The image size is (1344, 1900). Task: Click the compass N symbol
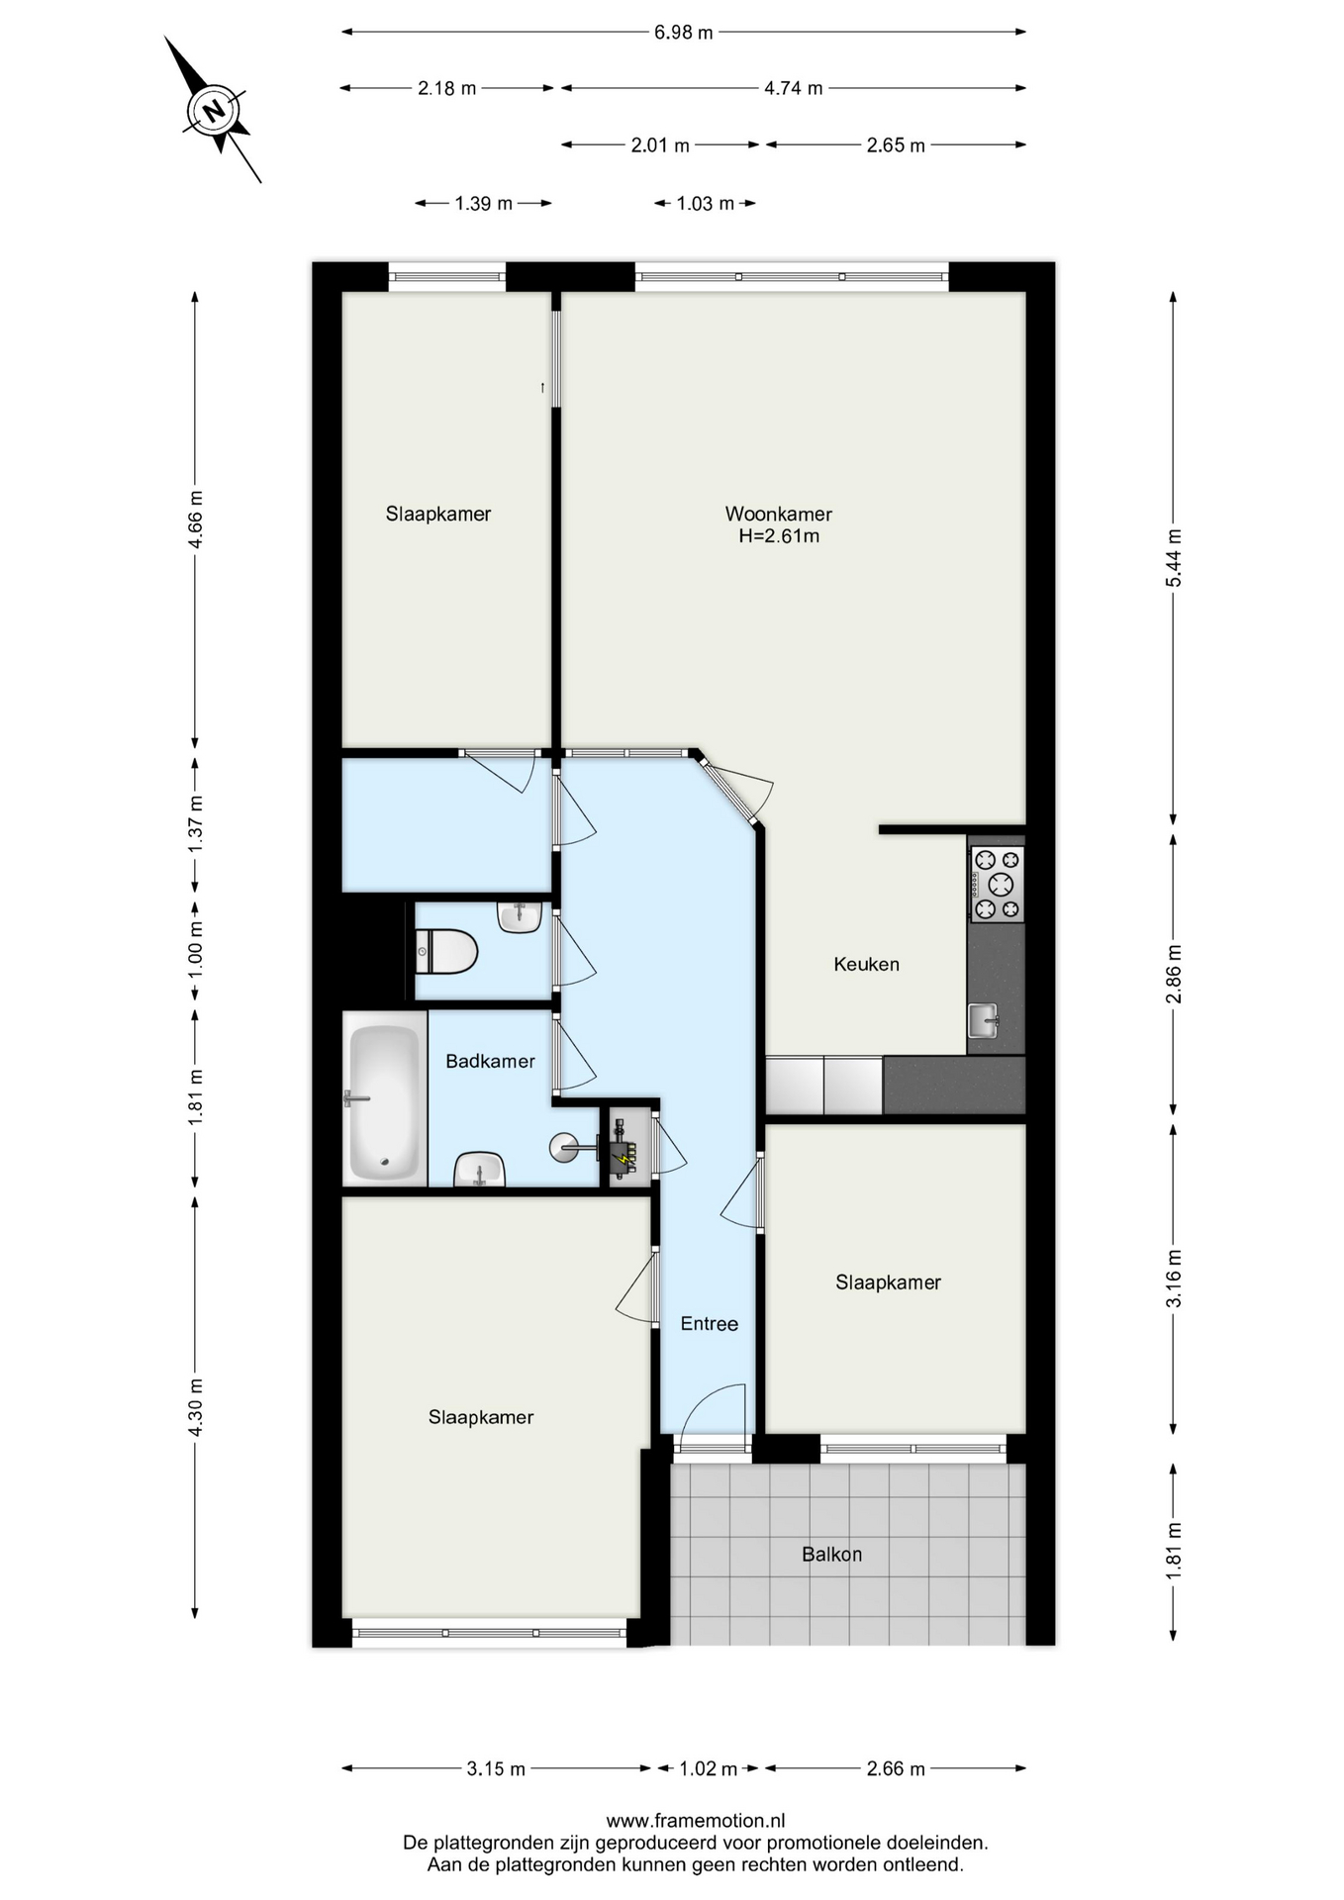tap(214, 110)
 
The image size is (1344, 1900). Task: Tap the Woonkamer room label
tap(778, 514)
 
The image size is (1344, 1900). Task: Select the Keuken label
tap(866, 964)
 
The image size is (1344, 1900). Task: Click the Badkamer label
tap(490, 1061)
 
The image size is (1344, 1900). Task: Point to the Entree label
tap(709, 1323)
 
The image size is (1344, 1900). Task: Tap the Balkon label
tap(831, 1554)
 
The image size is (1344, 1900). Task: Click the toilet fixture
tap(446, 952)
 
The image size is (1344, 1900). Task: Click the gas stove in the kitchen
tap(997, 884)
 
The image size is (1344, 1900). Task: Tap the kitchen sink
tap(984, 1019)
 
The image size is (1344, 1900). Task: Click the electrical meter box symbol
tap(624, 1147)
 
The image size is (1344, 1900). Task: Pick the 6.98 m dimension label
tap(683, 33)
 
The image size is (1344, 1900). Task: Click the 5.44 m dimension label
tap(1174, 558)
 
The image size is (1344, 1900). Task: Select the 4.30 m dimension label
tap(195, 1407)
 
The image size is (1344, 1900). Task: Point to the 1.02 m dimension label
tap(708, 1768)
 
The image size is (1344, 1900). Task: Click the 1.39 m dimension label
tap(483, 204)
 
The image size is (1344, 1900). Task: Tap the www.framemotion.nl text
tap(696, 1820)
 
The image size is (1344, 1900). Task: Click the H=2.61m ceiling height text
tap(779, 536)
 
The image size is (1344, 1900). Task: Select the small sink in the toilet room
tap(520, 916)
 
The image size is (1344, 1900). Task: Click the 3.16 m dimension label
tap(1174, 1279)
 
